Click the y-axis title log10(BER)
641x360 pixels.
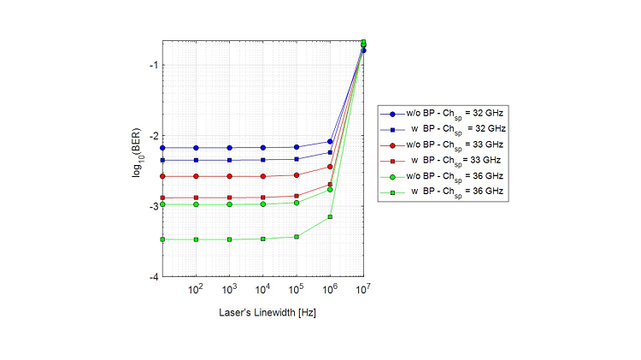coord(137,158)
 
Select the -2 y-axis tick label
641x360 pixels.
coord(152,136)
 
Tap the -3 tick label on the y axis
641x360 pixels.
coord(152,207)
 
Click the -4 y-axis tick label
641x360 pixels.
coord(152,278)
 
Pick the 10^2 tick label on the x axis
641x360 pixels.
coord(195,291)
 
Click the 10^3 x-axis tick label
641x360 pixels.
coord(228,291)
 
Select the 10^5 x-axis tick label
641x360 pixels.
coord(296,291)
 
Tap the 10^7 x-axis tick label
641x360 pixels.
coord(363,291)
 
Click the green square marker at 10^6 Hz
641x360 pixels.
coord(330,217)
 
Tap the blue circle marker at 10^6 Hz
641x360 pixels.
coord(330,141)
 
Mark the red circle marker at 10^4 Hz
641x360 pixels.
coord(263,176)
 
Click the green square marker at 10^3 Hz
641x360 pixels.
coord(229,239)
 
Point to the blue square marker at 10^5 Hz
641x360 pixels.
coord(297,159)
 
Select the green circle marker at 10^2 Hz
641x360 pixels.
coord(196,204)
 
